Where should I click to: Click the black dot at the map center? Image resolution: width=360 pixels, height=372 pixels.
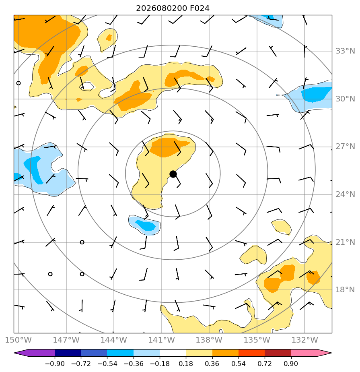point(173,174)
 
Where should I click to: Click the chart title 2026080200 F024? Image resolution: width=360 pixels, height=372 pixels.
point(173,8)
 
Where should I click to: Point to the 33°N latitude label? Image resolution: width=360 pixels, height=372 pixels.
point(345,51)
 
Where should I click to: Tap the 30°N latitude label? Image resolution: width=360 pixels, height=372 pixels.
point(345,99)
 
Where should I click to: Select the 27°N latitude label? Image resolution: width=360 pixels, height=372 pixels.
point(345,147)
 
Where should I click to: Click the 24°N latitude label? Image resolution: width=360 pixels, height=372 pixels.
point(345,194)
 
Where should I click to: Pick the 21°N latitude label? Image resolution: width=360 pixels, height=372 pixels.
point(345,242)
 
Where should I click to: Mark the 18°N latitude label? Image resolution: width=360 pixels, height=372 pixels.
point(345,290)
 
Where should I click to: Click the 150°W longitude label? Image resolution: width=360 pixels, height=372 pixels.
point(18,340)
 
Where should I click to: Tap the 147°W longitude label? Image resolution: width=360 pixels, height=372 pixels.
point(66,340)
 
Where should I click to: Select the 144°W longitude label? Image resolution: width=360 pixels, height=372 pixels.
point(114,340)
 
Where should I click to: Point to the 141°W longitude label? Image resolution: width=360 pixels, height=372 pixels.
point(162,340)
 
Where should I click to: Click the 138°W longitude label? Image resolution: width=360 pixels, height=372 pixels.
point(209,340)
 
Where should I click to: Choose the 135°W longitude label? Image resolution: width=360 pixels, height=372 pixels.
point(257,340)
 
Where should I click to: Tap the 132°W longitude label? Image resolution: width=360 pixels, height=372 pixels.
point(304,340)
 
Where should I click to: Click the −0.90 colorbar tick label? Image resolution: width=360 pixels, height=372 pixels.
point(55,364)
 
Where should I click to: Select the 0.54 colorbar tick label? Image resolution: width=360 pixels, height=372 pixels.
point(239,364)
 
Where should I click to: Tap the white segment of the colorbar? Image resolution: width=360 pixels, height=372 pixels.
point(173,353)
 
